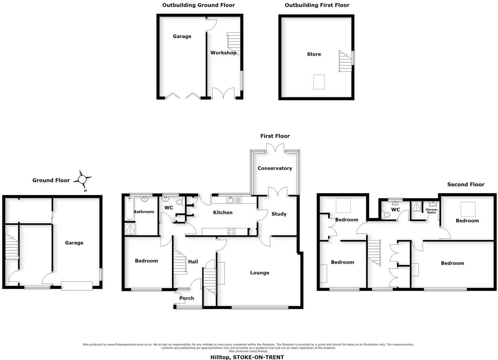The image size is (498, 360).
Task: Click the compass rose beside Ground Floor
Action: (82, 179)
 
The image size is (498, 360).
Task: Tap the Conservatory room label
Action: (275, 168)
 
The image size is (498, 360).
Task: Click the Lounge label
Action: (260, 273)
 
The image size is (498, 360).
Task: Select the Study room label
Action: (279, 214)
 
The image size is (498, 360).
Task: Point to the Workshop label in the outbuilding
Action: (223, 53)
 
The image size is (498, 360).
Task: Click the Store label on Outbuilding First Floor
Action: (314, 54)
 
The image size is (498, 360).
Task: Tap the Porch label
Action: (187, 298)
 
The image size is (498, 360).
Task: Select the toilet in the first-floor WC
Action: (180, 202)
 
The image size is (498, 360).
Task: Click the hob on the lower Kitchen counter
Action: (231, 232)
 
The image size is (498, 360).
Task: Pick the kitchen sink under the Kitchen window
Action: (231, 200)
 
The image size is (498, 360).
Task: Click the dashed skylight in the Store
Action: (319, 82)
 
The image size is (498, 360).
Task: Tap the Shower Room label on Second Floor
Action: (432, 211)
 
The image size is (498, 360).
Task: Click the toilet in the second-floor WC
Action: (387, 214)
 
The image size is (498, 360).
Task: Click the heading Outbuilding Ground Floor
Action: (198, 5)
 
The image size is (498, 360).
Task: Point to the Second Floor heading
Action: (465, 184)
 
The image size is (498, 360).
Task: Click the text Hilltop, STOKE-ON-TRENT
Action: (247, 357)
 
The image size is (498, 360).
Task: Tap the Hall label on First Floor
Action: (193, 262)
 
